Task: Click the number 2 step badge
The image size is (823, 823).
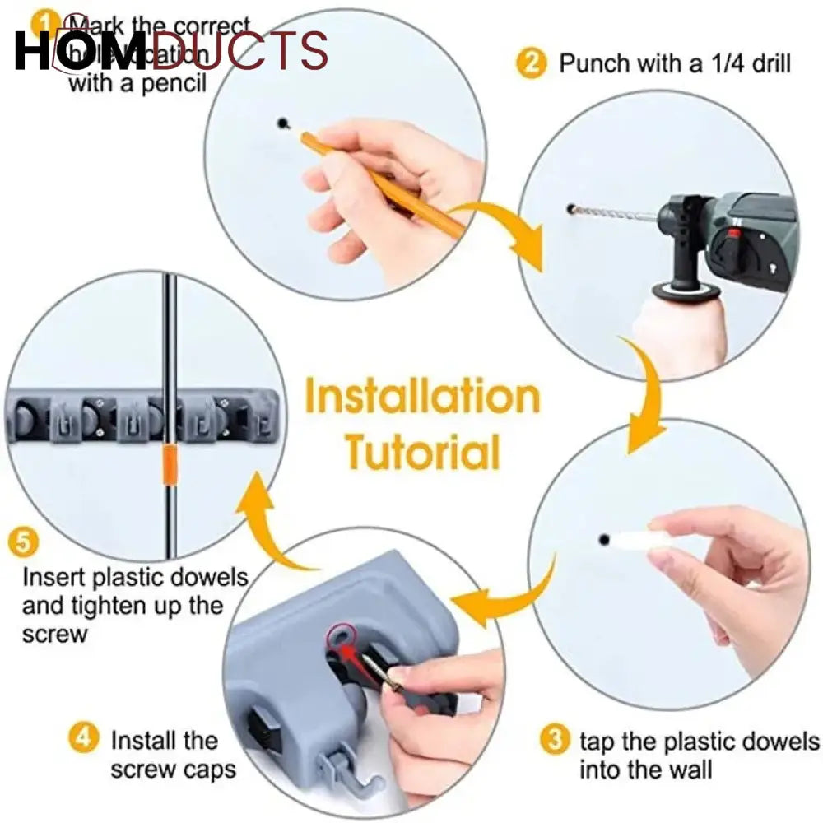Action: pos(532,63)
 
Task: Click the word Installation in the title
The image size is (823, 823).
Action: pos(422,398)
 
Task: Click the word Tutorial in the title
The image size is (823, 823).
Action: pos(422,452)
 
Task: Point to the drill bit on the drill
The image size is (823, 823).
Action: pos(613,214)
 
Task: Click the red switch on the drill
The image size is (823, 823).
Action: pos(728,247)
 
